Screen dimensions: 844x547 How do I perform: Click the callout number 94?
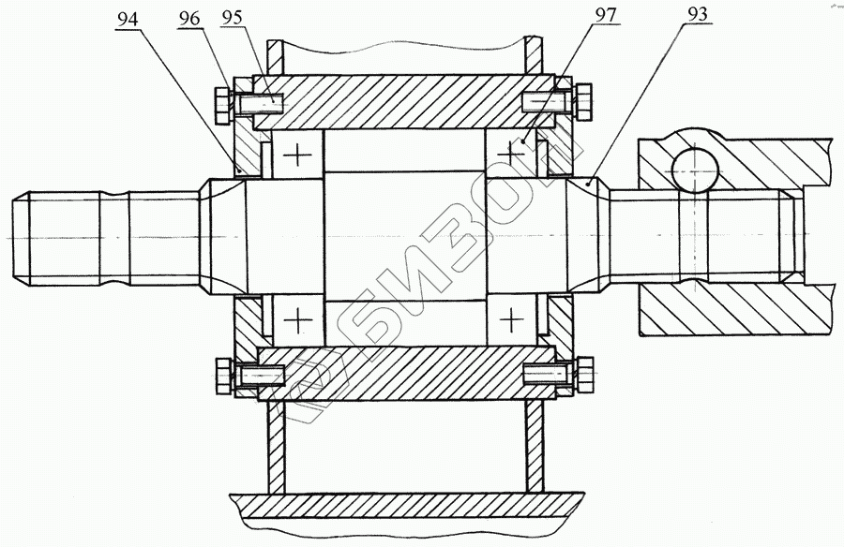[128, 19]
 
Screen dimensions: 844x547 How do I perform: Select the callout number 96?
[188, 19]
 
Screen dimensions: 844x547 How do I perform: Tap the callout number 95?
[231, 18]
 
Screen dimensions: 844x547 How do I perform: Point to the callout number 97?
[605, 15]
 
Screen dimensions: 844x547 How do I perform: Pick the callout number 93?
[697, 15]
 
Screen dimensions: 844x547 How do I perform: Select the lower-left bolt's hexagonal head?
[222, 375]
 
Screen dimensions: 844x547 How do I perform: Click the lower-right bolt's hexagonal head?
[585, 373]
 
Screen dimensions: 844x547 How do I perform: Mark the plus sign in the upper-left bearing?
[297, 156]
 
